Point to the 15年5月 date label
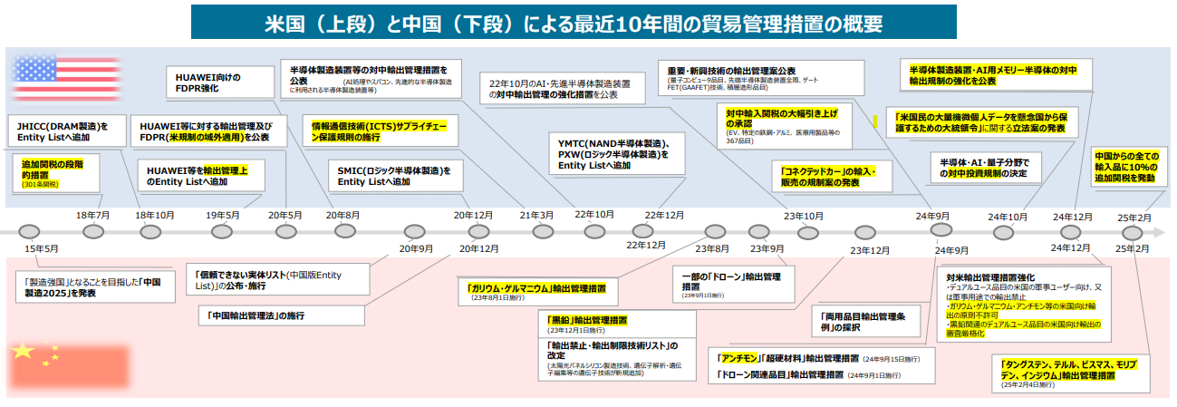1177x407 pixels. (42, 248)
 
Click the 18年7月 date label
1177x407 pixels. (92, 215)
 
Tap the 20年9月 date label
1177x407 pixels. (416, 248)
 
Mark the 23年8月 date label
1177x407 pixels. (712, 248)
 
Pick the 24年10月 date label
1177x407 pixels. (1007, 217)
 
